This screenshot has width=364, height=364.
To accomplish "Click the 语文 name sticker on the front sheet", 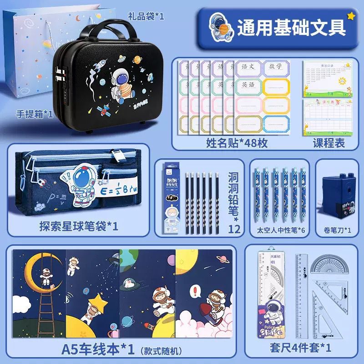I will pos(249,67).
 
